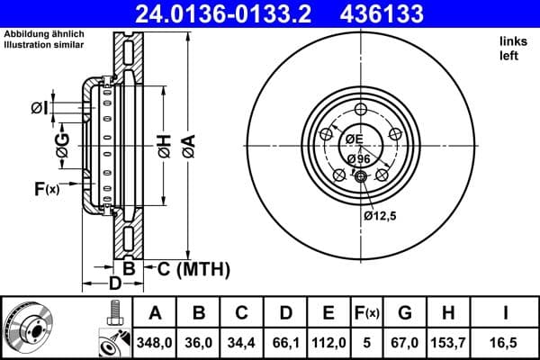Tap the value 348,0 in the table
tap(155, 343)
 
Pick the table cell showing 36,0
tap(199, 343)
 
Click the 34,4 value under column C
tap(242, 343)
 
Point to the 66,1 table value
tap(286, 343)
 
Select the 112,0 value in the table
tap(329, 343)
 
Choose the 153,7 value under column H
tap(448, 343)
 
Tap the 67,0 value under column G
tap(404, 343)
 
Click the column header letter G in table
tap(404, 313)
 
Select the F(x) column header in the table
tap(368, 313)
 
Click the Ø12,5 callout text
tap(381, 216)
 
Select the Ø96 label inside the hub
tap(358, 159)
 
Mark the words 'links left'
tap(510, 49)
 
